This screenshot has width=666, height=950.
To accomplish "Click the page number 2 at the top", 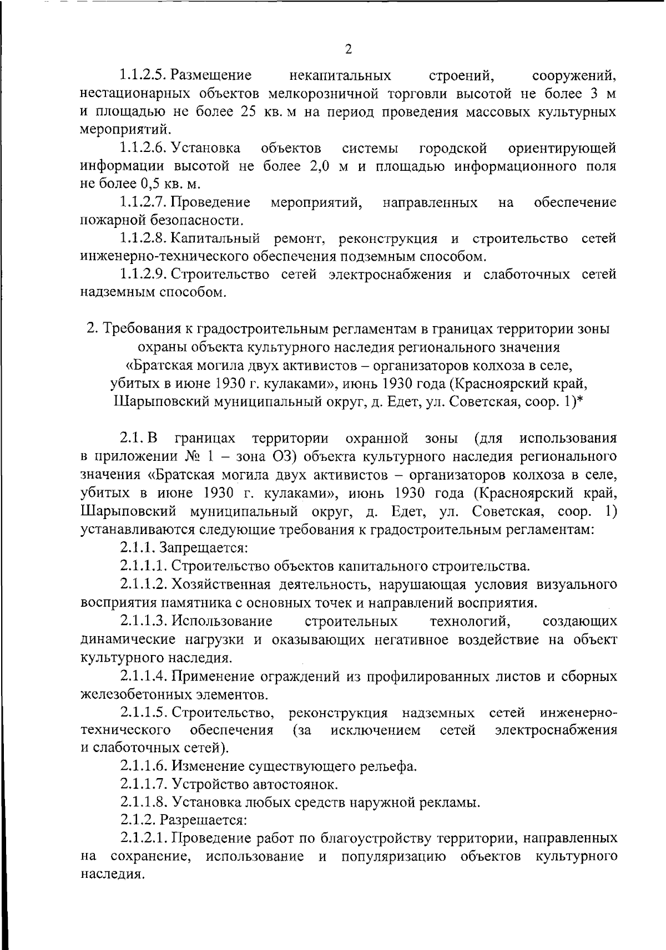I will tap(349, 49).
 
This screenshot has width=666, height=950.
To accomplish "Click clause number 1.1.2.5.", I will tap(143, 75).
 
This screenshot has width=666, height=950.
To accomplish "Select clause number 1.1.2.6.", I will tap(143, 148).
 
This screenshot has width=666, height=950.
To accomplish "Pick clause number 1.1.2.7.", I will tap(143, 202).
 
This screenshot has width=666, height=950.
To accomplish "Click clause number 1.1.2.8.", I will tap(143, 239).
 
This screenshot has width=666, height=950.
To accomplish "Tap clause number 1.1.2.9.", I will tap(143, 275).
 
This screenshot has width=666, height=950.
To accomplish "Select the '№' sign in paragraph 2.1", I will tap(189, 456).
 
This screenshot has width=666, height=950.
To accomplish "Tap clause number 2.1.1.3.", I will tap(143, 621).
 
